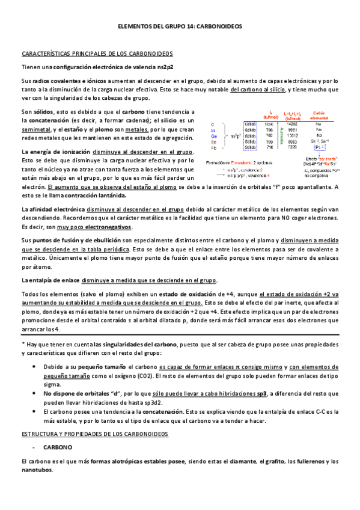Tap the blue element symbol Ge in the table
pyautogui.click(x=222, y=135)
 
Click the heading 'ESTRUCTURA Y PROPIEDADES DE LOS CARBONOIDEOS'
pyautogui.click(x=94, y=433)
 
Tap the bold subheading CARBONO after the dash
pyautogui.click(x=58, y=447)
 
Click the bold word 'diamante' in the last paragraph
pyautogui.click(x=242, y=461)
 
